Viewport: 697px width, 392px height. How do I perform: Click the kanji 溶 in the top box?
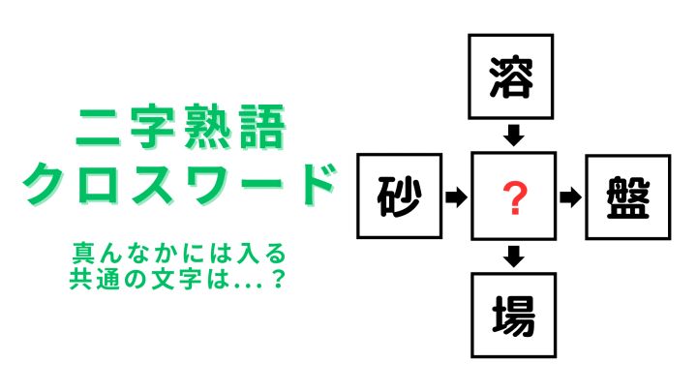511,76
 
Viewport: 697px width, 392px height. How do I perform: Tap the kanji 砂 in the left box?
399,196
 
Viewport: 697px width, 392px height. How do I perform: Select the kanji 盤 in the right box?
628,197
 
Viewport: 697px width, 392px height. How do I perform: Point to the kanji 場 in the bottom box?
513,316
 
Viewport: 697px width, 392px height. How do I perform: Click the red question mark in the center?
514,198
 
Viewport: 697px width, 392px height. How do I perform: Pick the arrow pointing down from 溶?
514,136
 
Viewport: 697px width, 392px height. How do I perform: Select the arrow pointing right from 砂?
457,196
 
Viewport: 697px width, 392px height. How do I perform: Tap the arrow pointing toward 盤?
571,196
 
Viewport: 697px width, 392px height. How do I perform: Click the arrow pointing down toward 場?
514,256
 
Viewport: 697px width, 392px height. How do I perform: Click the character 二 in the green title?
98,127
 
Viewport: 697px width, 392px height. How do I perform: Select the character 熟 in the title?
207,127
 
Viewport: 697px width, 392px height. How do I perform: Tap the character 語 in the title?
262,127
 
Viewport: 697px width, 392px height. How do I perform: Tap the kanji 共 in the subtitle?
80,279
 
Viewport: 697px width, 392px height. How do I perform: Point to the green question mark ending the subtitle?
278,279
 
